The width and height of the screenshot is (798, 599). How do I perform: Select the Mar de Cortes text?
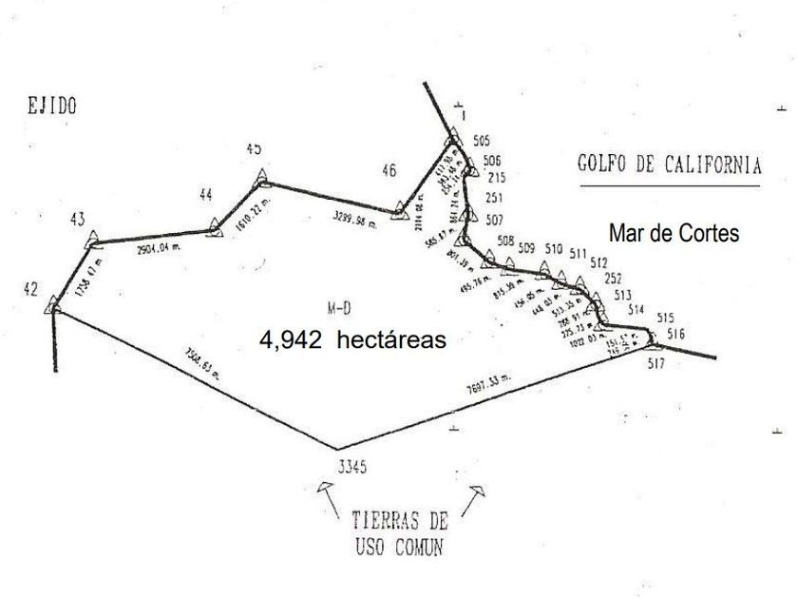click(674, 234)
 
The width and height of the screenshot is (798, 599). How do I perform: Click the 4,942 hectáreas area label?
click(352, 339)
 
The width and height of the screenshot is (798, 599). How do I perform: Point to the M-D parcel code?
click(339, 307)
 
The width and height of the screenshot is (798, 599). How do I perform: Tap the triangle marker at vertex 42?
click(54, 304)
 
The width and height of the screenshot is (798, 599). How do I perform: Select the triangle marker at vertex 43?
click(91, 240)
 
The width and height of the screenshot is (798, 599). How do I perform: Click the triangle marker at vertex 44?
click(214, 226)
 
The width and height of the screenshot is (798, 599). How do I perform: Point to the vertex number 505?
click(480, 142)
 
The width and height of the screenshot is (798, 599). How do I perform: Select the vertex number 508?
click(505, 241)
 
